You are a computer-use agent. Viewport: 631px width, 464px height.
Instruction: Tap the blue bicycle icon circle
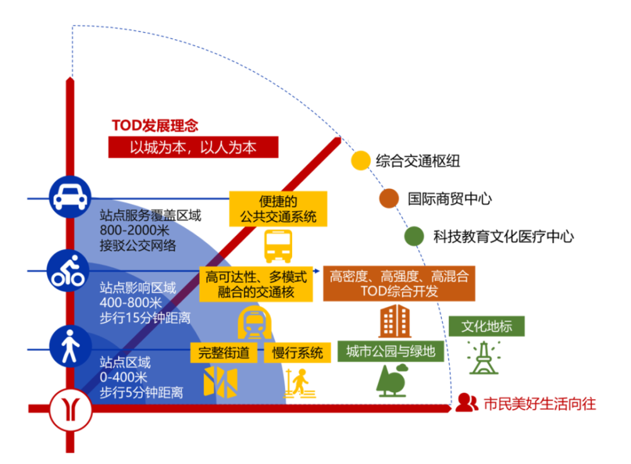[69, 271]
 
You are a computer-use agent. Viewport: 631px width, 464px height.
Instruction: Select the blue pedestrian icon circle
[69, 346]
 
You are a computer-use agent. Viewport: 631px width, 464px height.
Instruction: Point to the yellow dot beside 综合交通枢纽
[360, 160]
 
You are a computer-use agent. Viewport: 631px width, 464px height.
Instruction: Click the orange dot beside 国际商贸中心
[389, 198]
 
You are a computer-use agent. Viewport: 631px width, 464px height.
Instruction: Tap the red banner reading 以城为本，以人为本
[193, 148]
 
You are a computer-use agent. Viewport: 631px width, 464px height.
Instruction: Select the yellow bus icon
[278, 246]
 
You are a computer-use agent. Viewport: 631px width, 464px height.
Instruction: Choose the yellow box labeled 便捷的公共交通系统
[278, 209]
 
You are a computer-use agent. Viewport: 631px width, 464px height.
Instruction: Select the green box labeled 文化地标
[486, 326]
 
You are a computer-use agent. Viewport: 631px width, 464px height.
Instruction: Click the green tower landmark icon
[483, 358]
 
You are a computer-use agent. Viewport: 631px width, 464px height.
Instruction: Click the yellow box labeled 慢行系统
[297, 352]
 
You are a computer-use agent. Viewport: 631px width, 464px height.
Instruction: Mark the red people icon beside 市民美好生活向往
[467, 402]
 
